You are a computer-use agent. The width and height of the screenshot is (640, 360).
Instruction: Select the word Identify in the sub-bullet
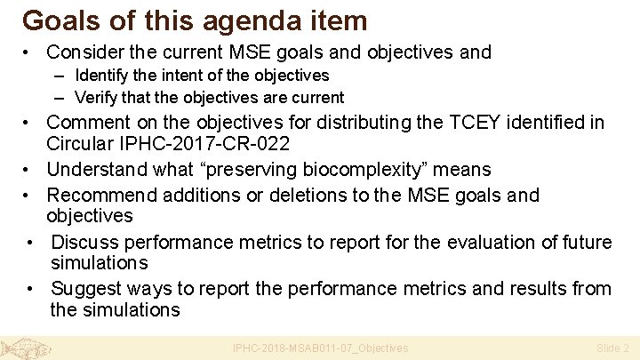click(105, 76)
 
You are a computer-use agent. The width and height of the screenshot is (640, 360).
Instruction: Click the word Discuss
click(84, 242)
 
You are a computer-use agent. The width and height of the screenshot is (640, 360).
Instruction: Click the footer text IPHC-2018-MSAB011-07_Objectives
click(320, 348)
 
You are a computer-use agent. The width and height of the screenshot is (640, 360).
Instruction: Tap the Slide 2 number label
click(612, 348)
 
